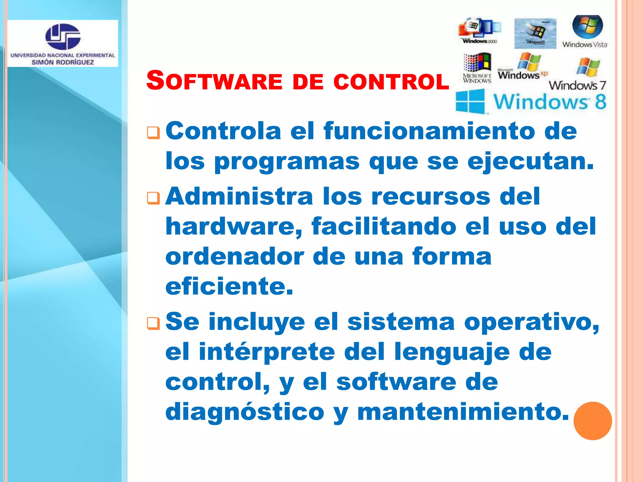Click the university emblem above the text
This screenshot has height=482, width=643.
(63, 36)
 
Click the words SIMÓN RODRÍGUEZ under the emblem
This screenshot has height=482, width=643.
(63, 62)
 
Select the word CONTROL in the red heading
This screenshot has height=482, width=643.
(391, 81)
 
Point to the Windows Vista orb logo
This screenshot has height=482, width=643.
(587, 27)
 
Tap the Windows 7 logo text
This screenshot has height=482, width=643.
(577, 85)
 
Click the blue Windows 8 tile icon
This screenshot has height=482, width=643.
(470, 101)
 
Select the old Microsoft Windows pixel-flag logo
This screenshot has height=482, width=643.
(477, 63)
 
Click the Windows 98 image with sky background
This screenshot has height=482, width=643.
(535, 33)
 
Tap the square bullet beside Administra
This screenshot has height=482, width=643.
(154, 198)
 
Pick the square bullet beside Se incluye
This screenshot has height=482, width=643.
(154, 324)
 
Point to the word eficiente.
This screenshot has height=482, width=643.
(229, 286)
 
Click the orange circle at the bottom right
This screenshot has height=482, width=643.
(592, 421)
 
